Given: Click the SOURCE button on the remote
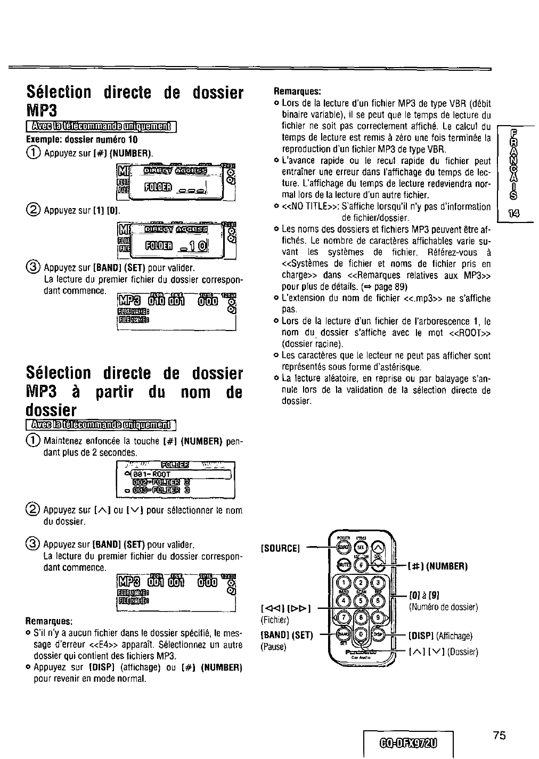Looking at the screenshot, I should pos(345,548).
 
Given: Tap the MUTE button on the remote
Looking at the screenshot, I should pos(345,565).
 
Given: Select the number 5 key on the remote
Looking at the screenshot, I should pos(362,600).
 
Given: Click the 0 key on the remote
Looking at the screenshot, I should pos(362,634).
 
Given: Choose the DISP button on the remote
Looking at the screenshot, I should pos(378,634).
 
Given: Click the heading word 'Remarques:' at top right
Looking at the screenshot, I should pos(298,91).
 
